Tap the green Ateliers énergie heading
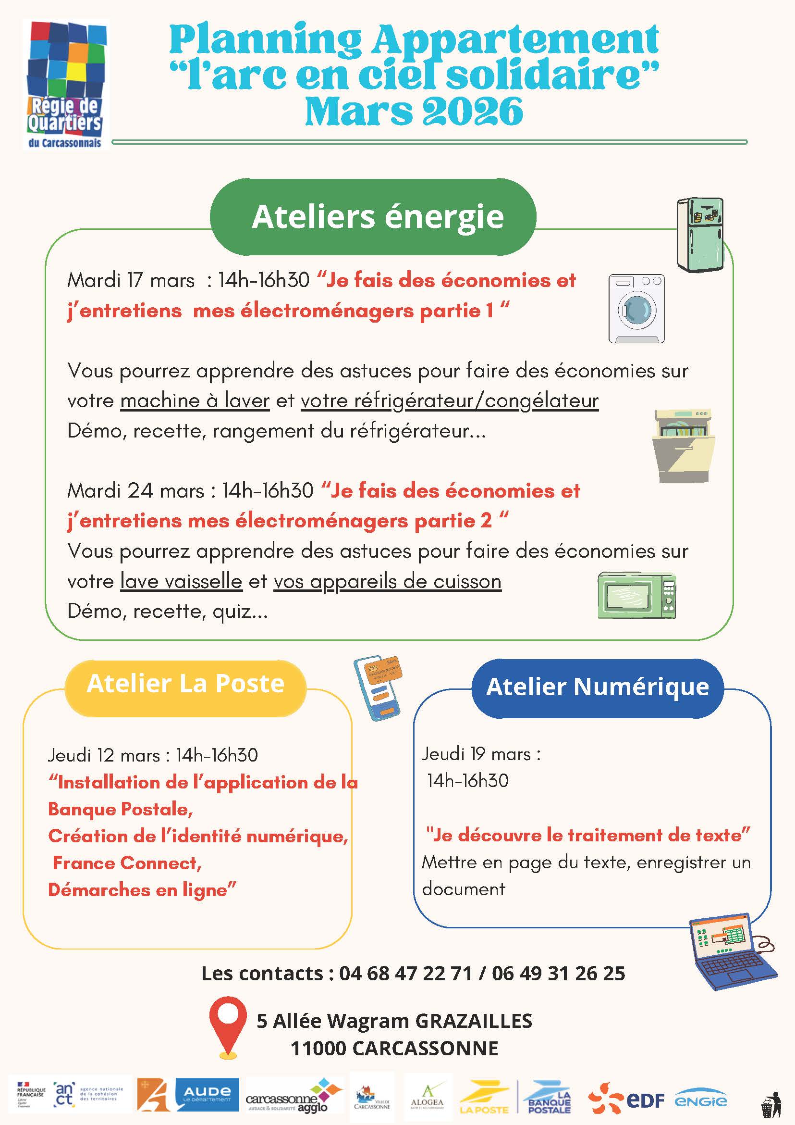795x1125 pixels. pyautogui.click(x=378, y=216)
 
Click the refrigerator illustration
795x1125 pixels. pyautogui.click(x=699, y=234)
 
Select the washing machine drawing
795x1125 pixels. pyautogui.click(x=636, y=308)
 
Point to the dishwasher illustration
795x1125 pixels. pyautogui.click(x=684, y=446)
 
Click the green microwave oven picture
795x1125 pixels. pyautogui.click(x=636, y=595)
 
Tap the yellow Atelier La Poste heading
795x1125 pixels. pyautogui.click(x=185, y=684)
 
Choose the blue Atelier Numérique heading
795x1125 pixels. pyautogui.click(x=597, y=687)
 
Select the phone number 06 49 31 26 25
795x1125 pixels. pyautogui.click(x=559, y=973)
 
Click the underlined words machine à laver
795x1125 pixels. pyautogui.click(x=195, y=400)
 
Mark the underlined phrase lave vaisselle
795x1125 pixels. pyautogui.click(x=181, y=581)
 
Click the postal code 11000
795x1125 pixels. pyautogui.click(x=318, y=1048)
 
